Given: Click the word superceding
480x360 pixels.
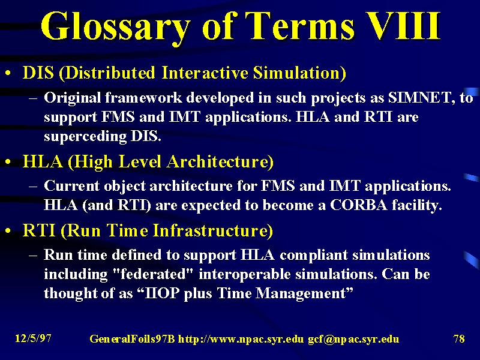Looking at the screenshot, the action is [85, 137].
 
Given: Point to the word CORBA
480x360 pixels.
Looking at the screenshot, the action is [359, 205].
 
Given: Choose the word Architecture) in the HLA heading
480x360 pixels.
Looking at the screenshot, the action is [220, 161].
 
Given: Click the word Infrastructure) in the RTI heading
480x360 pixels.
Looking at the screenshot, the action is [212, 230].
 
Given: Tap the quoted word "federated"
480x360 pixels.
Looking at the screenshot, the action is [154, 274].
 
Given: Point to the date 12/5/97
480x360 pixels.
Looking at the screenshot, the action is [33, 338].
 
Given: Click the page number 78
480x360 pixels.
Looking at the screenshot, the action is [459, 338].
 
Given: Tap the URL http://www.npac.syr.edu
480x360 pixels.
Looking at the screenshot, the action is [241, 339].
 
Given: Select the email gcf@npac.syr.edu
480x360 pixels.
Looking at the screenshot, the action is [353, 339].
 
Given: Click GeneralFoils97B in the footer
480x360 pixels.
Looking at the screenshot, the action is [132, 339].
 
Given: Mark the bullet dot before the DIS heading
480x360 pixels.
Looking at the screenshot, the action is [8, 73].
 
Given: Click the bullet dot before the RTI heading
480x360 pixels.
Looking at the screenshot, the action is [8, 231].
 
